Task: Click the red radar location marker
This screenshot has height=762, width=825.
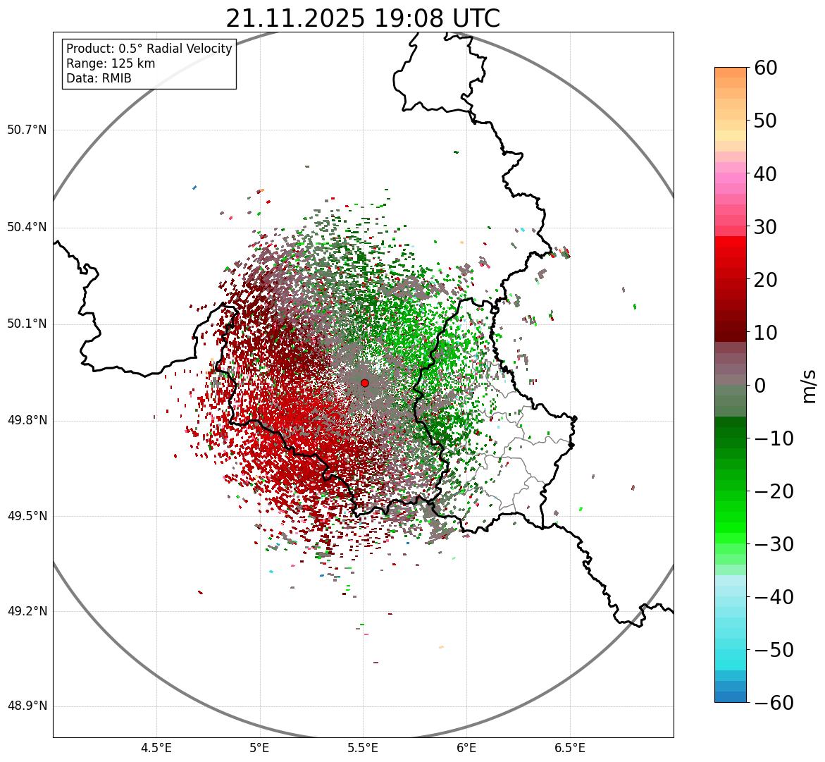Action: (x=364, y=383)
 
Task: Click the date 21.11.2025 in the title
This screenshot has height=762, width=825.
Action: (x=294, y=18)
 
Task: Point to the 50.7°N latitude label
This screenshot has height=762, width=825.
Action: (x=27, y=130)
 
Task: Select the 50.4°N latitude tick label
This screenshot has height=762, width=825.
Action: (x=27, y=227)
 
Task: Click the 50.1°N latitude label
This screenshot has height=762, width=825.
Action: (x=27, y=324)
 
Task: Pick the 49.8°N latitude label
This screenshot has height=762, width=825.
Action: (x=27, y=421)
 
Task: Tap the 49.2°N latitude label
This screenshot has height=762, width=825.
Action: (x=27, y=611)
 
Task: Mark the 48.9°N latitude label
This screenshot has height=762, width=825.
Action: (x=27, y=706)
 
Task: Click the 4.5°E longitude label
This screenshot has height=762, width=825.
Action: (x=156, y=747)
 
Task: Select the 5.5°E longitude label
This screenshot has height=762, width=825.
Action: (x=363, y=747)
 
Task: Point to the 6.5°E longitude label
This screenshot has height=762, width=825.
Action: (x=569, y=747)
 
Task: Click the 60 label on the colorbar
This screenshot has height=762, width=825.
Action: (x=767, y=68)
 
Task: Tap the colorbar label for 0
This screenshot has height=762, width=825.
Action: (x=760, y=386)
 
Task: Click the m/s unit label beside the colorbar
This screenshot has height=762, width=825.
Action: (x=810, y=386)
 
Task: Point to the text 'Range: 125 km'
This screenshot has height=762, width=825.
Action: (x=111, y=63)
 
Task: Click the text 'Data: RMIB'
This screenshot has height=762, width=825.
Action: (x=99, y=78)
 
